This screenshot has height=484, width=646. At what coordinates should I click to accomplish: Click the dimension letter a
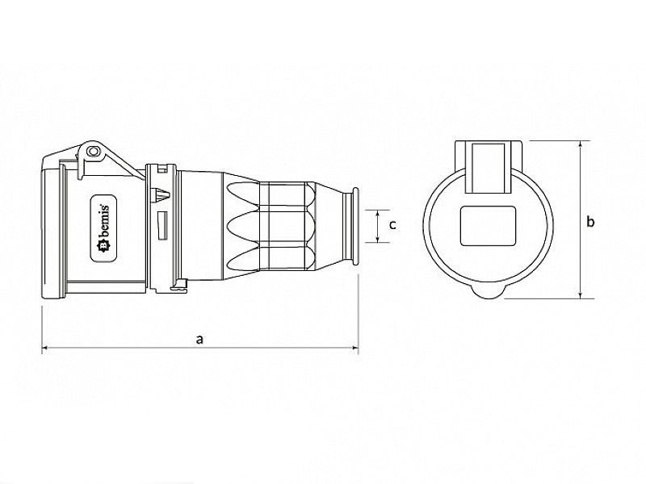pyautogui.click(x=199, y=340)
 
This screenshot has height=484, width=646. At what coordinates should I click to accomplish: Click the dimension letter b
pyautogui.click(x=590, y=221)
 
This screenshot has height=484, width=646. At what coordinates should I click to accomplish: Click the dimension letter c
pyautogui.click(x=392, y=225)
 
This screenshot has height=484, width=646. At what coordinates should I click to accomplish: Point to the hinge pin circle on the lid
pyautogui.click(x=93, y=151)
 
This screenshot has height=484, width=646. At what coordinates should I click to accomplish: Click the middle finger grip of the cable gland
pyautogui.click(x=242, y=225)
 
